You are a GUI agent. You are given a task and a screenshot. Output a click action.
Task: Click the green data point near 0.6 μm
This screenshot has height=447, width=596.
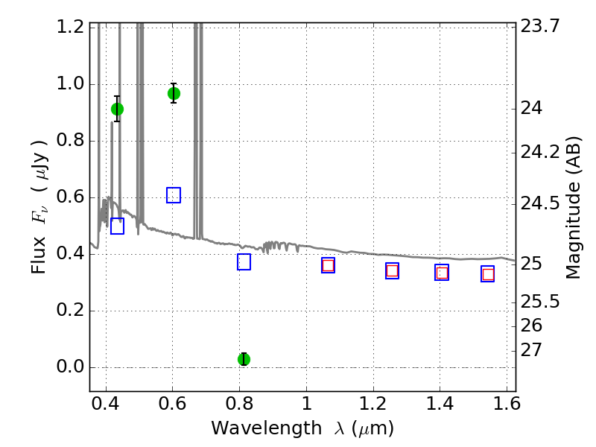pyautogui.click(x=174, y=93)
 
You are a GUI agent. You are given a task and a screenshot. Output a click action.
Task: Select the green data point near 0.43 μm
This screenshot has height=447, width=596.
pyautogui.click(x=117, y=109)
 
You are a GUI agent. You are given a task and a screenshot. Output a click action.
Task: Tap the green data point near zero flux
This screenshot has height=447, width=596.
pyautogui.click(x=244, y=359)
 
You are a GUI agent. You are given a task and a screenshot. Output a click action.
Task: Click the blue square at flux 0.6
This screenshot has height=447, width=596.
pyautogui.click(x=174, y=195)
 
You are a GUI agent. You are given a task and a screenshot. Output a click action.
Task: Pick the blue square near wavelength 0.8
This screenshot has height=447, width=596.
pyautogui.click(x=244, y=261)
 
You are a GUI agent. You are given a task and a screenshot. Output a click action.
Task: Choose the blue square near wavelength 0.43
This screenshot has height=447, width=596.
pyautogui.click(x=117, y=226)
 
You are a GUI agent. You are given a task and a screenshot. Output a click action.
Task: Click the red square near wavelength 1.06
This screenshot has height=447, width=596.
pyautogui.click(x=328, y=265)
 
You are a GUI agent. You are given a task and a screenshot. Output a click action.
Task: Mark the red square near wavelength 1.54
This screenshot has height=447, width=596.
pyautogui.click(x=488, y=274)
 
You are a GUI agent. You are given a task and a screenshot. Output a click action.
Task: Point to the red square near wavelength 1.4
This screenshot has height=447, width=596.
pyautogui.click(x=442, y=273)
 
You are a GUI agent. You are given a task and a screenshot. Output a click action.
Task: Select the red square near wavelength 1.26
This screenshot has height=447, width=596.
pyautogui.click(x=392, y=270)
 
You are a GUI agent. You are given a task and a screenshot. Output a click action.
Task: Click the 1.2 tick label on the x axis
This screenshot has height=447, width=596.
pyautogui.click(x=372, y=407)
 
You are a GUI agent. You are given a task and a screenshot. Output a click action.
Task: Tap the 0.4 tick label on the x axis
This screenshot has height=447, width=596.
pyautogui.click(x=106, y=407)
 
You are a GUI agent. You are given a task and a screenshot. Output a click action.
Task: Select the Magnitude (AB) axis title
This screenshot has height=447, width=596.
pyautogui.click(x=573, y=207)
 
